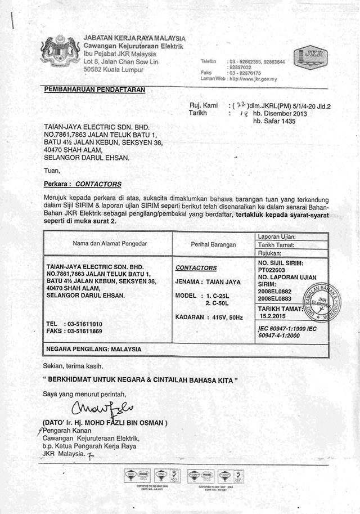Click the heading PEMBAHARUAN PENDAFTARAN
[94, 89]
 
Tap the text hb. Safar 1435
[275, 120]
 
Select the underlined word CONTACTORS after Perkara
[98, 184]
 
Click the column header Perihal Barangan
[213, 244]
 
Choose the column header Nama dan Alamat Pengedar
[107, 243]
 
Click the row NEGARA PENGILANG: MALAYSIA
[93, 349]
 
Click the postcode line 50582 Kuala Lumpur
[113, 69]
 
